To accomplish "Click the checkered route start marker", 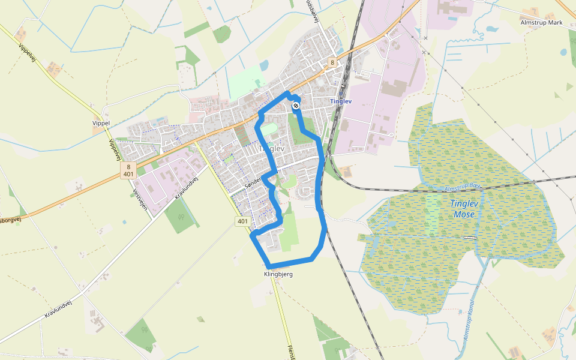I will (296, 106).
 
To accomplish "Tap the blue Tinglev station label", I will (341, 101).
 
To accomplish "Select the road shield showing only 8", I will (332, 62).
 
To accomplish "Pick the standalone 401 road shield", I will (242, 221).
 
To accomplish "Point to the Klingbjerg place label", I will (278, 274).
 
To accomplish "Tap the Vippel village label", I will (101, 122).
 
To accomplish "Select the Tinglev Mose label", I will (464, 208).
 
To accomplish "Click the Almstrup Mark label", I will (542, 22).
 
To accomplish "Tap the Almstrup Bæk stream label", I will (463, 188).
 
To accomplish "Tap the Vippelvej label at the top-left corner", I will (27, 53).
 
